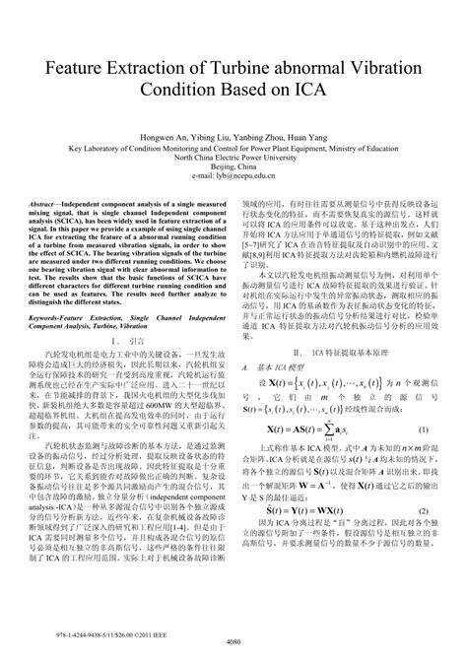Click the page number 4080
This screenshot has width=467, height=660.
233,639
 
